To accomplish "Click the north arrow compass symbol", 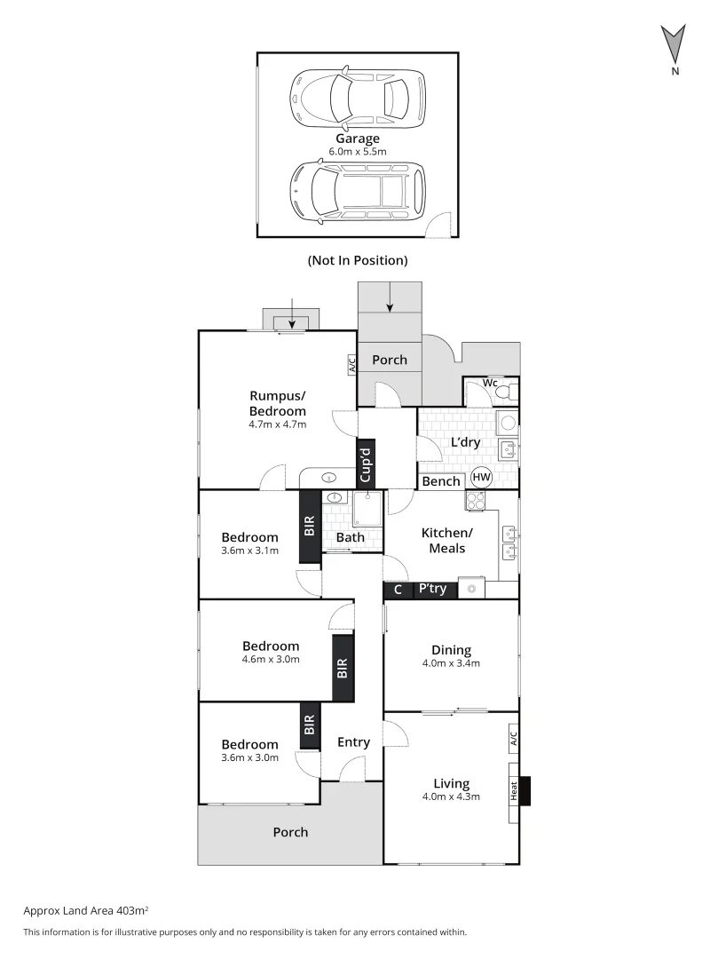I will [675, 44].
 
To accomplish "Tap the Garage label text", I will [358, 139].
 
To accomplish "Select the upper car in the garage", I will [357, 95].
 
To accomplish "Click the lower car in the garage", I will [358, 189].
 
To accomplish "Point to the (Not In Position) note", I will [358, 260].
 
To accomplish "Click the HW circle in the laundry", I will [481, 477].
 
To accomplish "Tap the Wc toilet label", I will [489, 383].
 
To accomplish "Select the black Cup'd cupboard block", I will [367, 463].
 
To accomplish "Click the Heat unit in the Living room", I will [513, 790].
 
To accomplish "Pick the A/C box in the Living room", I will [513, 738].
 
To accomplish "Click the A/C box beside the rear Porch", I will [351, 364].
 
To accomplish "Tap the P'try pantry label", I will [432, 589].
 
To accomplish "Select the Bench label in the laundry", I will [441, 481].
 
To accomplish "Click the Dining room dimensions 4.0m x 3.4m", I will [451, 663].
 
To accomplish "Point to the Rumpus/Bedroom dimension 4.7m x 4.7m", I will [277, 424].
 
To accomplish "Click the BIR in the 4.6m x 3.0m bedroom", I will [343, 668].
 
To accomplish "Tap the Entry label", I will [354, 742].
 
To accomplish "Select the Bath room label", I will [350, 537].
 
